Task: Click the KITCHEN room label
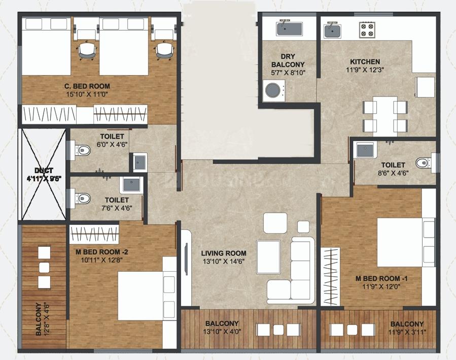[365, 62]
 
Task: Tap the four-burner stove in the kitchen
[367, 29]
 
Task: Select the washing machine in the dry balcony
[274, 90]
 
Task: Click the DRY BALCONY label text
[288, 60]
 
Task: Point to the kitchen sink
[333, 30]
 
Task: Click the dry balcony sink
[289, 28]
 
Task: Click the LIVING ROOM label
[224, 253]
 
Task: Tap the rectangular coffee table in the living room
[268, 257]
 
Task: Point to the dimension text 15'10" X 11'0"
[87, 94]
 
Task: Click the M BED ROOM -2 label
[102, 252]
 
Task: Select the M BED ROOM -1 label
[381, 279]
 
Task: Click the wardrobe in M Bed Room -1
[330, 277]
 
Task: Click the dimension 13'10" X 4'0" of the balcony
[222, 331]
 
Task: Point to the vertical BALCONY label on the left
[39, 319]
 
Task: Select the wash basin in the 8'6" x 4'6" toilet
[365, 150]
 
